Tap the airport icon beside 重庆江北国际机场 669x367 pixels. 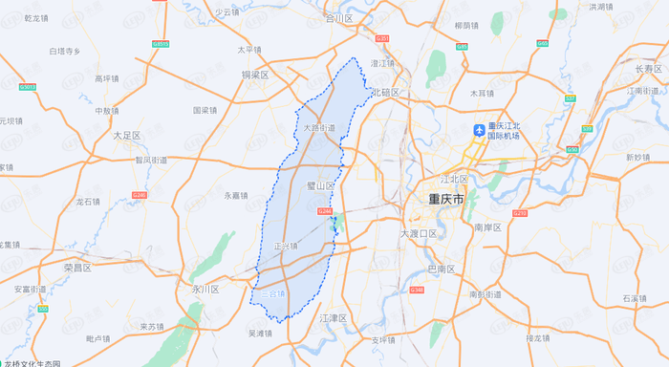480,129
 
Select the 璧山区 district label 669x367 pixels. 319,184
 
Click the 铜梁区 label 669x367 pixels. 255,74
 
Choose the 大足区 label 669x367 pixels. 126,136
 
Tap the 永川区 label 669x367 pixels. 205,288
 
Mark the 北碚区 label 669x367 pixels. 384,92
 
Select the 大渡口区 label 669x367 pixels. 418,233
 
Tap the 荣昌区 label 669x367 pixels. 76,268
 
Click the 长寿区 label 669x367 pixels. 648,69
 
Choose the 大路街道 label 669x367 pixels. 318,127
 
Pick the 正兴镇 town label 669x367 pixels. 286,246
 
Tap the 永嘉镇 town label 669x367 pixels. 235,195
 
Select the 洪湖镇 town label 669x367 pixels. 628,7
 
